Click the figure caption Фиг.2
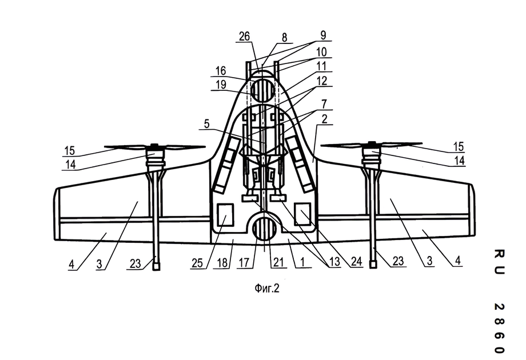pyautogui.click(x=266, y=288)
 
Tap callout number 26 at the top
pyautogui.click(x=245, y=36)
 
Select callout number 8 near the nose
pyautogui.click(x=285, y=38)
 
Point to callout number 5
pyautogui.click(x=206, y=124)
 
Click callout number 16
pyautogui.click(x=220, y=71)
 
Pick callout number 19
pyautogui.click(x=221, y=85)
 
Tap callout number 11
pyautogui.click(x=321, y=66)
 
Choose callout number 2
pyautogui.click(x=324, y=119)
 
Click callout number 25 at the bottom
pyautogui.click(x=197, y=263)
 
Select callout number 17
pyautogui.click(x=244, y=263)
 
